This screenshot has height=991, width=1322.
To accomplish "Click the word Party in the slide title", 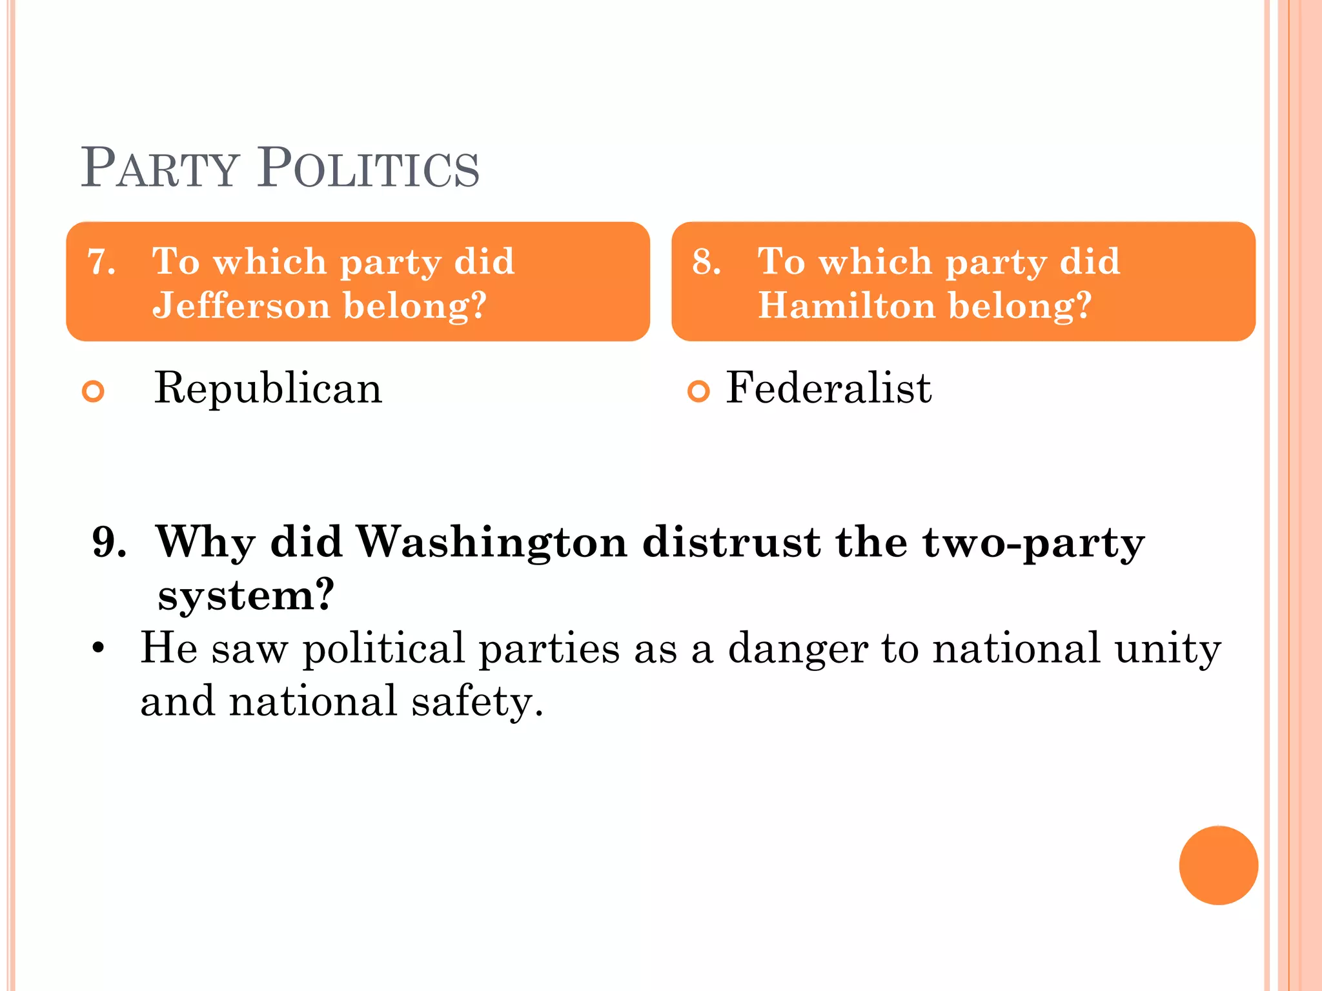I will click(160, 168).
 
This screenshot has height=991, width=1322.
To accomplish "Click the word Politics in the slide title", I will click(369, 168).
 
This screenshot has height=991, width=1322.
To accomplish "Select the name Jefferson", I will click(241, 305).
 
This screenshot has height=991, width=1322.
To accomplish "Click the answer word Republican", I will click(268, 388).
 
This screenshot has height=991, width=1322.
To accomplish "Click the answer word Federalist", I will click(829, 388).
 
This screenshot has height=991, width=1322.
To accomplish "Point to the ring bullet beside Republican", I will click(94, 391).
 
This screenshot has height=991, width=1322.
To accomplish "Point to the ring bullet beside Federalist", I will click(698, 391).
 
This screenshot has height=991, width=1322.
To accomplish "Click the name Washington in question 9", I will click(492, 541).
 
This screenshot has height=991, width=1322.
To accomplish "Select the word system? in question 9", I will click(246, 595).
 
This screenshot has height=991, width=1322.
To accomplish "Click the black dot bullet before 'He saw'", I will click(98, 647).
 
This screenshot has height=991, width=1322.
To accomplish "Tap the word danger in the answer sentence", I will click(798, 649).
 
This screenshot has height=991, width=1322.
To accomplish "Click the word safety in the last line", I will click(478, 702).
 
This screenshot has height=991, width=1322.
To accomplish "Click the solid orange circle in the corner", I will click(1218, 865).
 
